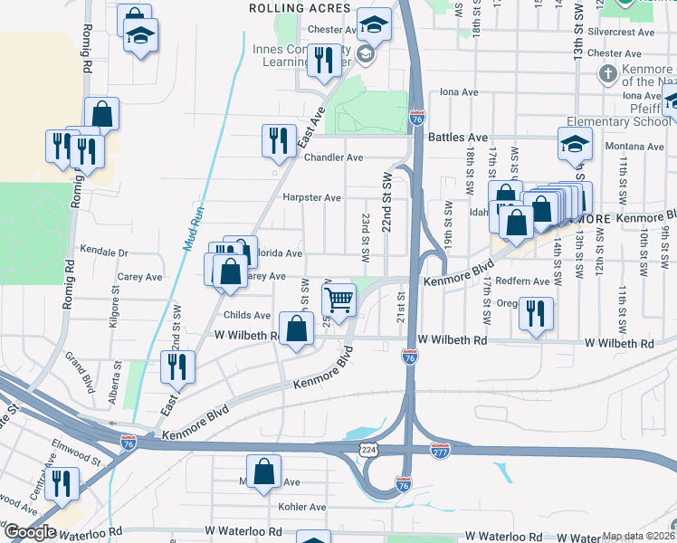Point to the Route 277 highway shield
click(x=440, y=450)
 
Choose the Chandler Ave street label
click(x=333, y=157)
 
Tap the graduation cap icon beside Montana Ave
click(x=574, y=144)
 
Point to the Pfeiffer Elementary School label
click(x=616, y=121)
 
